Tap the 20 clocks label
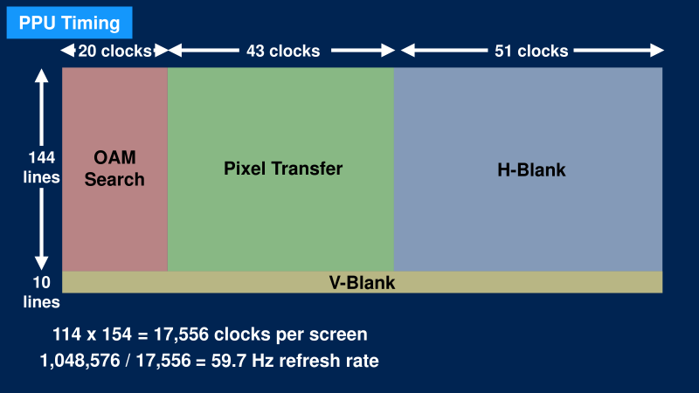114,51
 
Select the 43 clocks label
282,51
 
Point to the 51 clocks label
531,51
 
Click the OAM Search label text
114,169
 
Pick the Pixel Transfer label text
283,168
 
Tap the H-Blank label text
531,169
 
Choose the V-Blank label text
362,283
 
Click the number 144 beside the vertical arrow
41,158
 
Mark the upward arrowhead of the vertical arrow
41,77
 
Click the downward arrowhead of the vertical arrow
41,263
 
